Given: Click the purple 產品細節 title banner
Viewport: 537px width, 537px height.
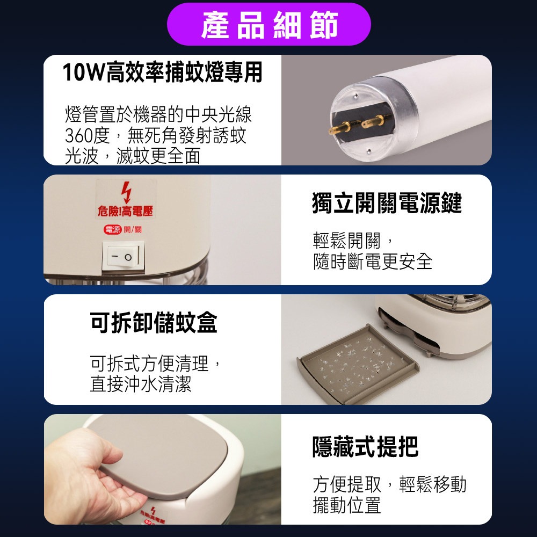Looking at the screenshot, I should tap(269, 24).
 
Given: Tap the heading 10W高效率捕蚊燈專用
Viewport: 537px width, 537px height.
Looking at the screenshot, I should tap(162, 72).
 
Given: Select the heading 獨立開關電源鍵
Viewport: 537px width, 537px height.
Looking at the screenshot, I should tap(387, 203).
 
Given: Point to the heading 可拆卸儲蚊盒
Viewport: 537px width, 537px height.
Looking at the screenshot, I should tap(154, 322).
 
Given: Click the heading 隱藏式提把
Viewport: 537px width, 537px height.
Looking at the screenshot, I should tap(365, 446).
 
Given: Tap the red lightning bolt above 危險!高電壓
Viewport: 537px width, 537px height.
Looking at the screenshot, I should tap(126, 192).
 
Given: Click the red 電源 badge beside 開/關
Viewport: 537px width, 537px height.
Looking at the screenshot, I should tap(113, 230).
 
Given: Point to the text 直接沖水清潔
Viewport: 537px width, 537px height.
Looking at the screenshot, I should tap(141, 384).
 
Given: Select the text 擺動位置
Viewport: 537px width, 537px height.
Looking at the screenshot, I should tap(347, 505).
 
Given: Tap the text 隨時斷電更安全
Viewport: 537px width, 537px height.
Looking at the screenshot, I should tap(373, 262).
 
